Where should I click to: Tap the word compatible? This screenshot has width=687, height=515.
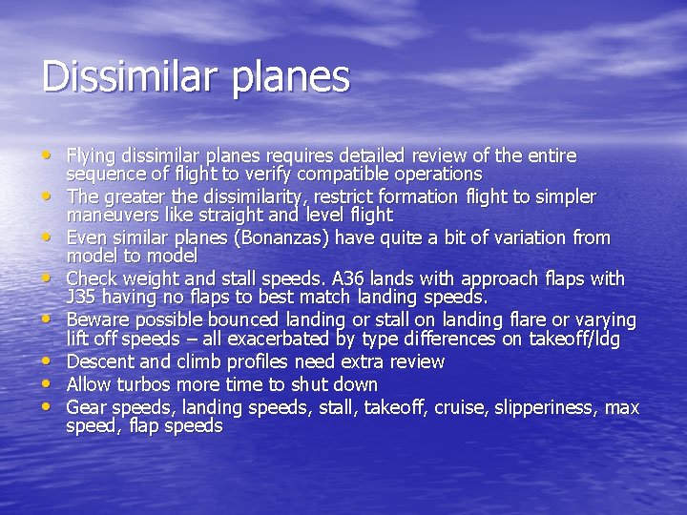pyautogui.click(x=343, y=175)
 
